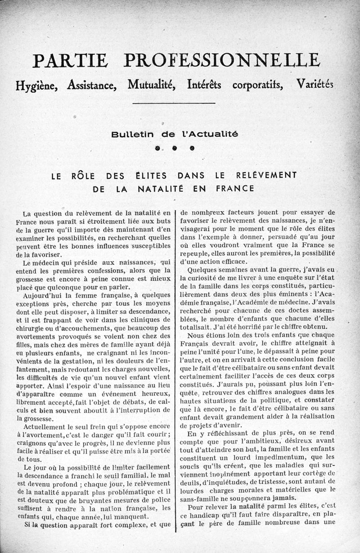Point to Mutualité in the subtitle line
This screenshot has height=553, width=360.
[x=152, y=85]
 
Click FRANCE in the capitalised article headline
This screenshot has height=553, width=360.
[x=235, y=188]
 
